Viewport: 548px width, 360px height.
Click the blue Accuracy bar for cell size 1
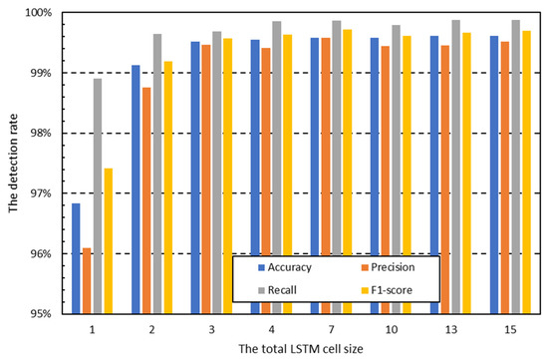pos(76,258)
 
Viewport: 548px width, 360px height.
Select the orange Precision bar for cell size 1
pos(87,280)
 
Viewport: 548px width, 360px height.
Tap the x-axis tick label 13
pos(451,327)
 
